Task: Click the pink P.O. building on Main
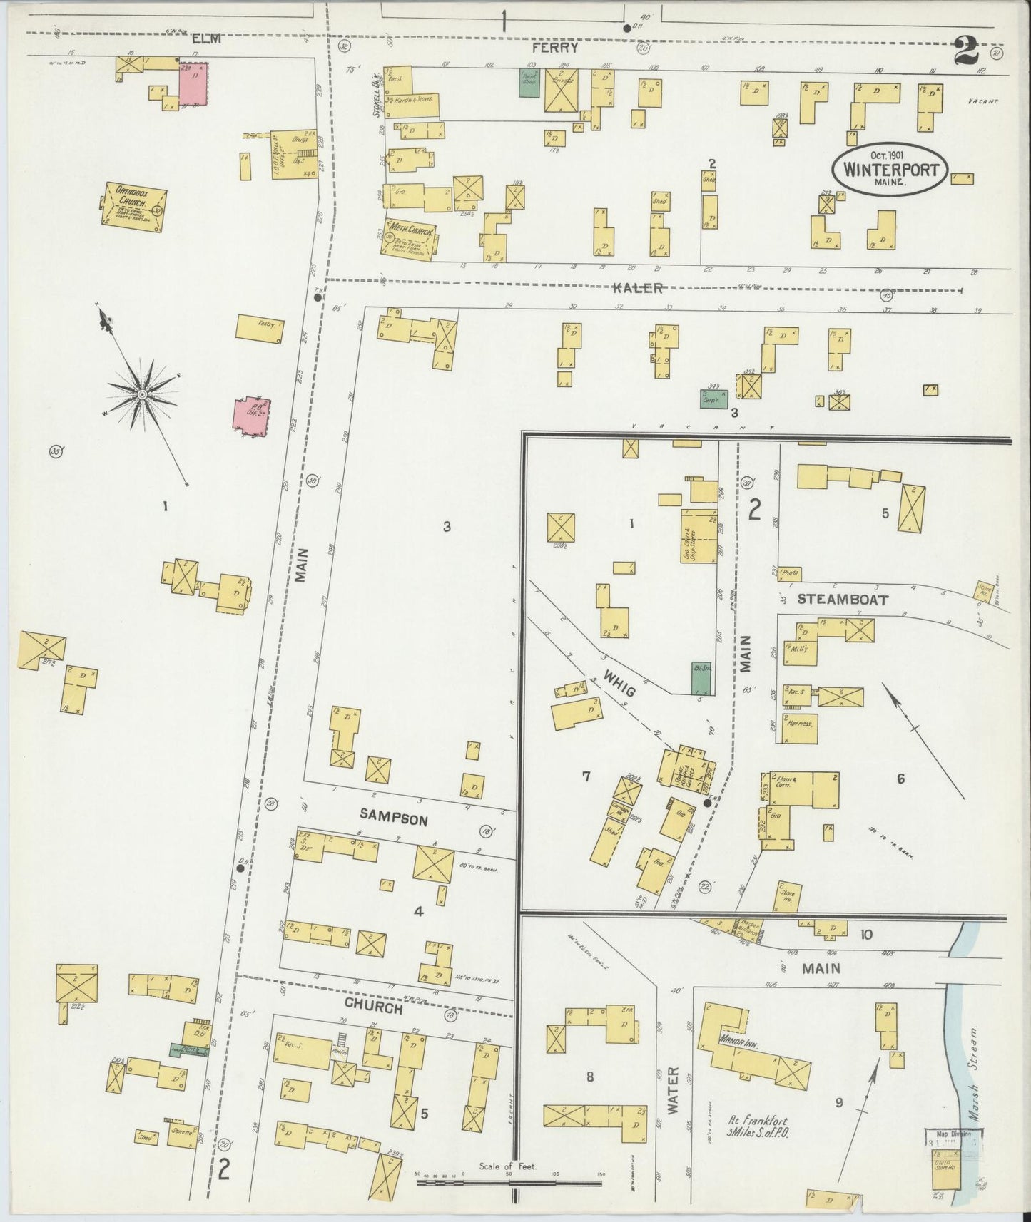tap(251, 419)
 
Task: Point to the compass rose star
tap(142, 394)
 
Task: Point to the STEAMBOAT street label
tap(843, 600)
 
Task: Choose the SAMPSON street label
tap(393, 820)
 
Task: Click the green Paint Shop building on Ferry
tap(529, 83)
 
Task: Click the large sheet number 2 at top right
tap(965, 51)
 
